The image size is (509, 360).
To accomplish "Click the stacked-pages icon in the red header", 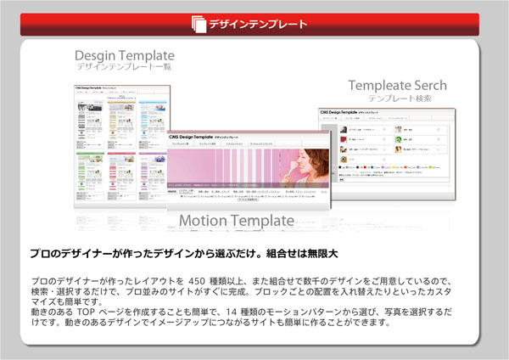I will tap(198, 23).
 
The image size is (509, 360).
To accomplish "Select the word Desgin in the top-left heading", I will tap(95, 56).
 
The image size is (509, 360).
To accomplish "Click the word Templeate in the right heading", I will tap(379, 86).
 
